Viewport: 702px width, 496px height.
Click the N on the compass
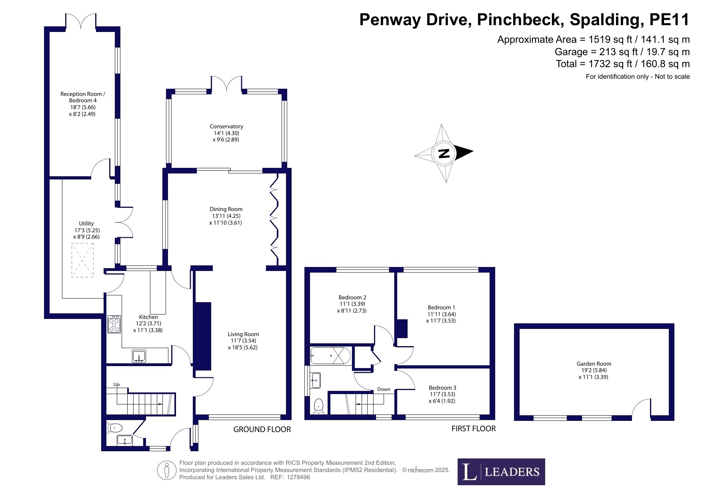pos(444,153)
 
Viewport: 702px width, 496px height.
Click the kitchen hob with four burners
pos(114,324)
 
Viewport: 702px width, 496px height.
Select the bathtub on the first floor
pos(330,356)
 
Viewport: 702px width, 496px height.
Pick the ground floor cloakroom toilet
pos(114,428)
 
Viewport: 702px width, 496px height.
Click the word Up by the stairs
pos(116,384)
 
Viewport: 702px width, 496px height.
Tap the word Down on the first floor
pos(384,389)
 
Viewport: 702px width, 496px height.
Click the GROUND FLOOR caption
pos(262,430)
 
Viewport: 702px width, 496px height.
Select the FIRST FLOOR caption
pos(474,429)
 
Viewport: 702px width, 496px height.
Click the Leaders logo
pos(501,472)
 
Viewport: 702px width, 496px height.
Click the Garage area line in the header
pos(622,52)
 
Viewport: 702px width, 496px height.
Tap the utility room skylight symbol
pos(82,260)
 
